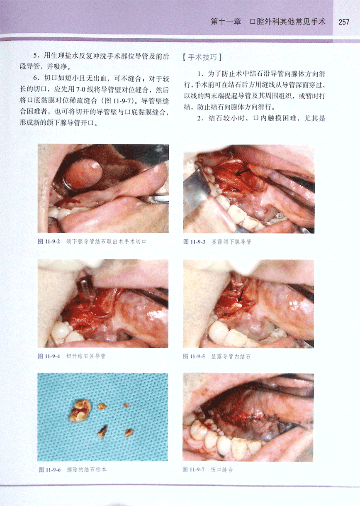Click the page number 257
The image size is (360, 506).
(x=344, y=22)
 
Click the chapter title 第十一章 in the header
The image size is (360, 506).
(x=226, y=22)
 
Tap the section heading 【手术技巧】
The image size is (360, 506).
(x=202, y=57)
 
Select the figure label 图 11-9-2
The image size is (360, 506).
(x=49, y=242)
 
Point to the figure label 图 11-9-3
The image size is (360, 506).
(x=195, y=242)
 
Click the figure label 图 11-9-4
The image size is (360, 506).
(x=49, y=356)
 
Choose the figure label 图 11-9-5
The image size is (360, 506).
(x=194, y=357)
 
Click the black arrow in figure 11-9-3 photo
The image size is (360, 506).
(x=243, y=172)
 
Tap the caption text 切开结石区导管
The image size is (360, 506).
(x=86, y=356)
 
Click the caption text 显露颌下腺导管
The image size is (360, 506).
(x=231, y=242)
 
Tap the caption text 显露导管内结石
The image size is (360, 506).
(x=231, y=357)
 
